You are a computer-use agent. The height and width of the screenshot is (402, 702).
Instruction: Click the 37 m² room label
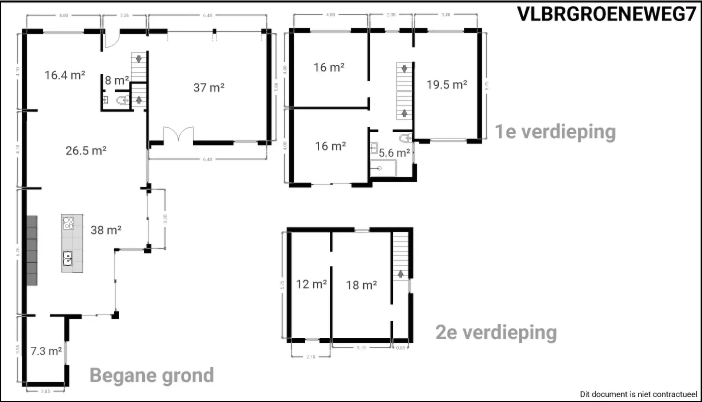tap(209, 88)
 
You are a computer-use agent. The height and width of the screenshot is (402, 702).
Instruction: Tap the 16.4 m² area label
tap(65, 75)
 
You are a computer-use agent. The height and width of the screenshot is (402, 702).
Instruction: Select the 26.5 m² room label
tap(86, 151)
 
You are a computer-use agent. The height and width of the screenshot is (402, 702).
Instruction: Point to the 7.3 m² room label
tap(46, 351)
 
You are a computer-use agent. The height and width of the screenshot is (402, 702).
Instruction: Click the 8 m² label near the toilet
tap(116, 80)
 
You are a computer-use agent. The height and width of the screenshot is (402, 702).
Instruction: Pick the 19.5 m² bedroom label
tap(446, 85)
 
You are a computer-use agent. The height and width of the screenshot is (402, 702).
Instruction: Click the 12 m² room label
tap(311, 284)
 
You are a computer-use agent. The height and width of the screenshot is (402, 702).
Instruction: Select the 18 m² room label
tap(361, 285)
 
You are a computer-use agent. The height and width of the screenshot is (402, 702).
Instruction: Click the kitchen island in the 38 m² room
tap(72, 244)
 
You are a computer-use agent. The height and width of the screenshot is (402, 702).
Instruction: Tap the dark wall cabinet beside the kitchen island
tap(32, 251)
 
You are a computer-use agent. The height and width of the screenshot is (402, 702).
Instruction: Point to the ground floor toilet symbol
tap(123, 100)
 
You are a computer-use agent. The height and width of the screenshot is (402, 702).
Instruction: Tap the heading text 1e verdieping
tap(555, 132)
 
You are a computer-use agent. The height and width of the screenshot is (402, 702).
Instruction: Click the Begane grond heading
tap(151, 375)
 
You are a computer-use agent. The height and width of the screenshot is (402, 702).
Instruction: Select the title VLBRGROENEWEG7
tap(607, 14)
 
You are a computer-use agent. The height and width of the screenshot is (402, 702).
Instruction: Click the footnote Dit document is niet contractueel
tap(638, 394)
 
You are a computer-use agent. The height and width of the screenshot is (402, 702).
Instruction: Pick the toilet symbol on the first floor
tap(406, 138)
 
